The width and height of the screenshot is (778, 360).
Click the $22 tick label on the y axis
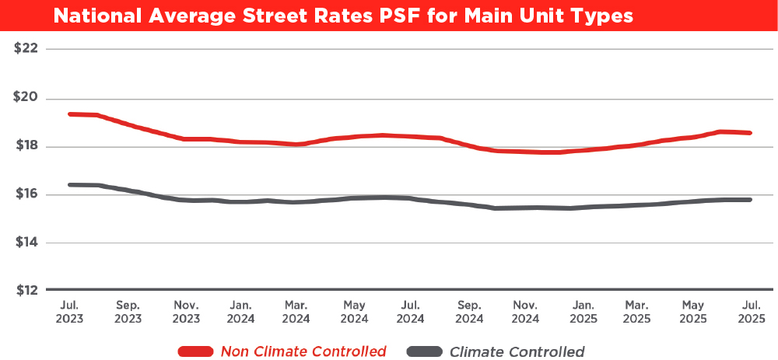[x=26, y=49]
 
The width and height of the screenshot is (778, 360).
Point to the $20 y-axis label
[x=26, y=99]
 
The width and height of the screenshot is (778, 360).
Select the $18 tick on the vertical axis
[x=26, y=147]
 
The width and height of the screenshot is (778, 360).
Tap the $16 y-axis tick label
[x=26, y=194]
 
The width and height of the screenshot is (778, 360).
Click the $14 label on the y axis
[x=26, y=243]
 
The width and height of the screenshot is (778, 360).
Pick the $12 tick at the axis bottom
[x=26, y=291]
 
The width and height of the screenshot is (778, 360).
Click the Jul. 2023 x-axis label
[x=71, y=311]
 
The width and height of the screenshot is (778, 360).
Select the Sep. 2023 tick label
[x=128, y=311]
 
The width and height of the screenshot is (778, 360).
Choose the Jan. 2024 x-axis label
[x=240, y=311]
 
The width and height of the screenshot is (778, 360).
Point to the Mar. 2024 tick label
[x=296, y=311]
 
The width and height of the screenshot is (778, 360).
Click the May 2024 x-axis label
[x=354, y=311]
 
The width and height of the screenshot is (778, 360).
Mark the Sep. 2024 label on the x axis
[x=470, y=311]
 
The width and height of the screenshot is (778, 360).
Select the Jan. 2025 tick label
[x=583, y=311]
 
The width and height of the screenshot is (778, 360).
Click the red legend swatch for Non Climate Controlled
[x=196, y=351]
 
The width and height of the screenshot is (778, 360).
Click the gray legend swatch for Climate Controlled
[x=423, y=351]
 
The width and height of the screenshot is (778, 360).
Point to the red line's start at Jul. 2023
[x=70, y=114]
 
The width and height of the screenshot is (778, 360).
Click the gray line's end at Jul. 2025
[x=750, y=200]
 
